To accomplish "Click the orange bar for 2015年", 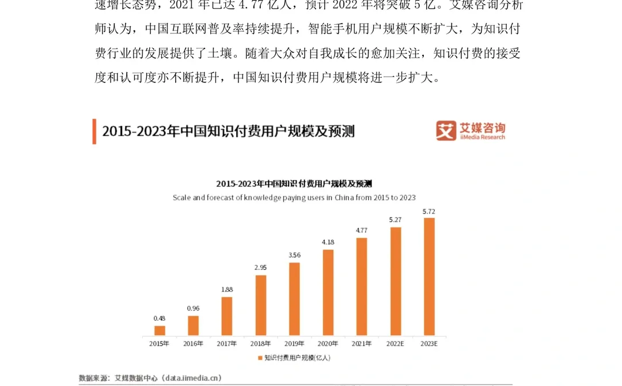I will [x=160, y=331].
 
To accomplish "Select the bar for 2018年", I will [x=261, y=305].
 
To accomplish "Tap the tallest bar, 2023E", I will [x=429, y=276].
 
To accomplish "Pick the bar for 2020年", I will [x=328, y=292].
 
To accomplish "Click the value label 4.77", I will [x=362, y=230].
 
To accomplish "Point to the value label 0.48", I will [x=160, y=318].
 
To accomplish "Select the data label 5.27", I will [x=395, y=220].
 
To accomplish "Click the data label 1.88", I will [x=227, y=290].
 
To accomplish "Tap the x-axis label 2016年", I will [x=193, y=344].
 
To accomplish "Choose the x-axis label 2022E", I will [x=396, y=344].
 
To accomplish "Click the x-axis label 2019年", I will [x=294, y=344].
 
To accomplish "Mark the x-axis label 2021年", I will [x=362, y=344].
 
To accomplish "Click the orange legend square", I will [x=260, y=358].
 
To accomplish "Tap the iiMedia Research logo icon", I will [x=446, y=131].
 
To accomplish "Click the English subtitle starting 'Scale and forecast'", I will [x=294, y=197].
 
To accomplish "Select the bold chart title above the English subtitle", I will [x=294, y=183].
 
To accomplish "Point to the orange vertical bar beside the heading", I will [x=94, y=132].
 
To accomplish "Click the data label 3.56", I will [x=294, y=255].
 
